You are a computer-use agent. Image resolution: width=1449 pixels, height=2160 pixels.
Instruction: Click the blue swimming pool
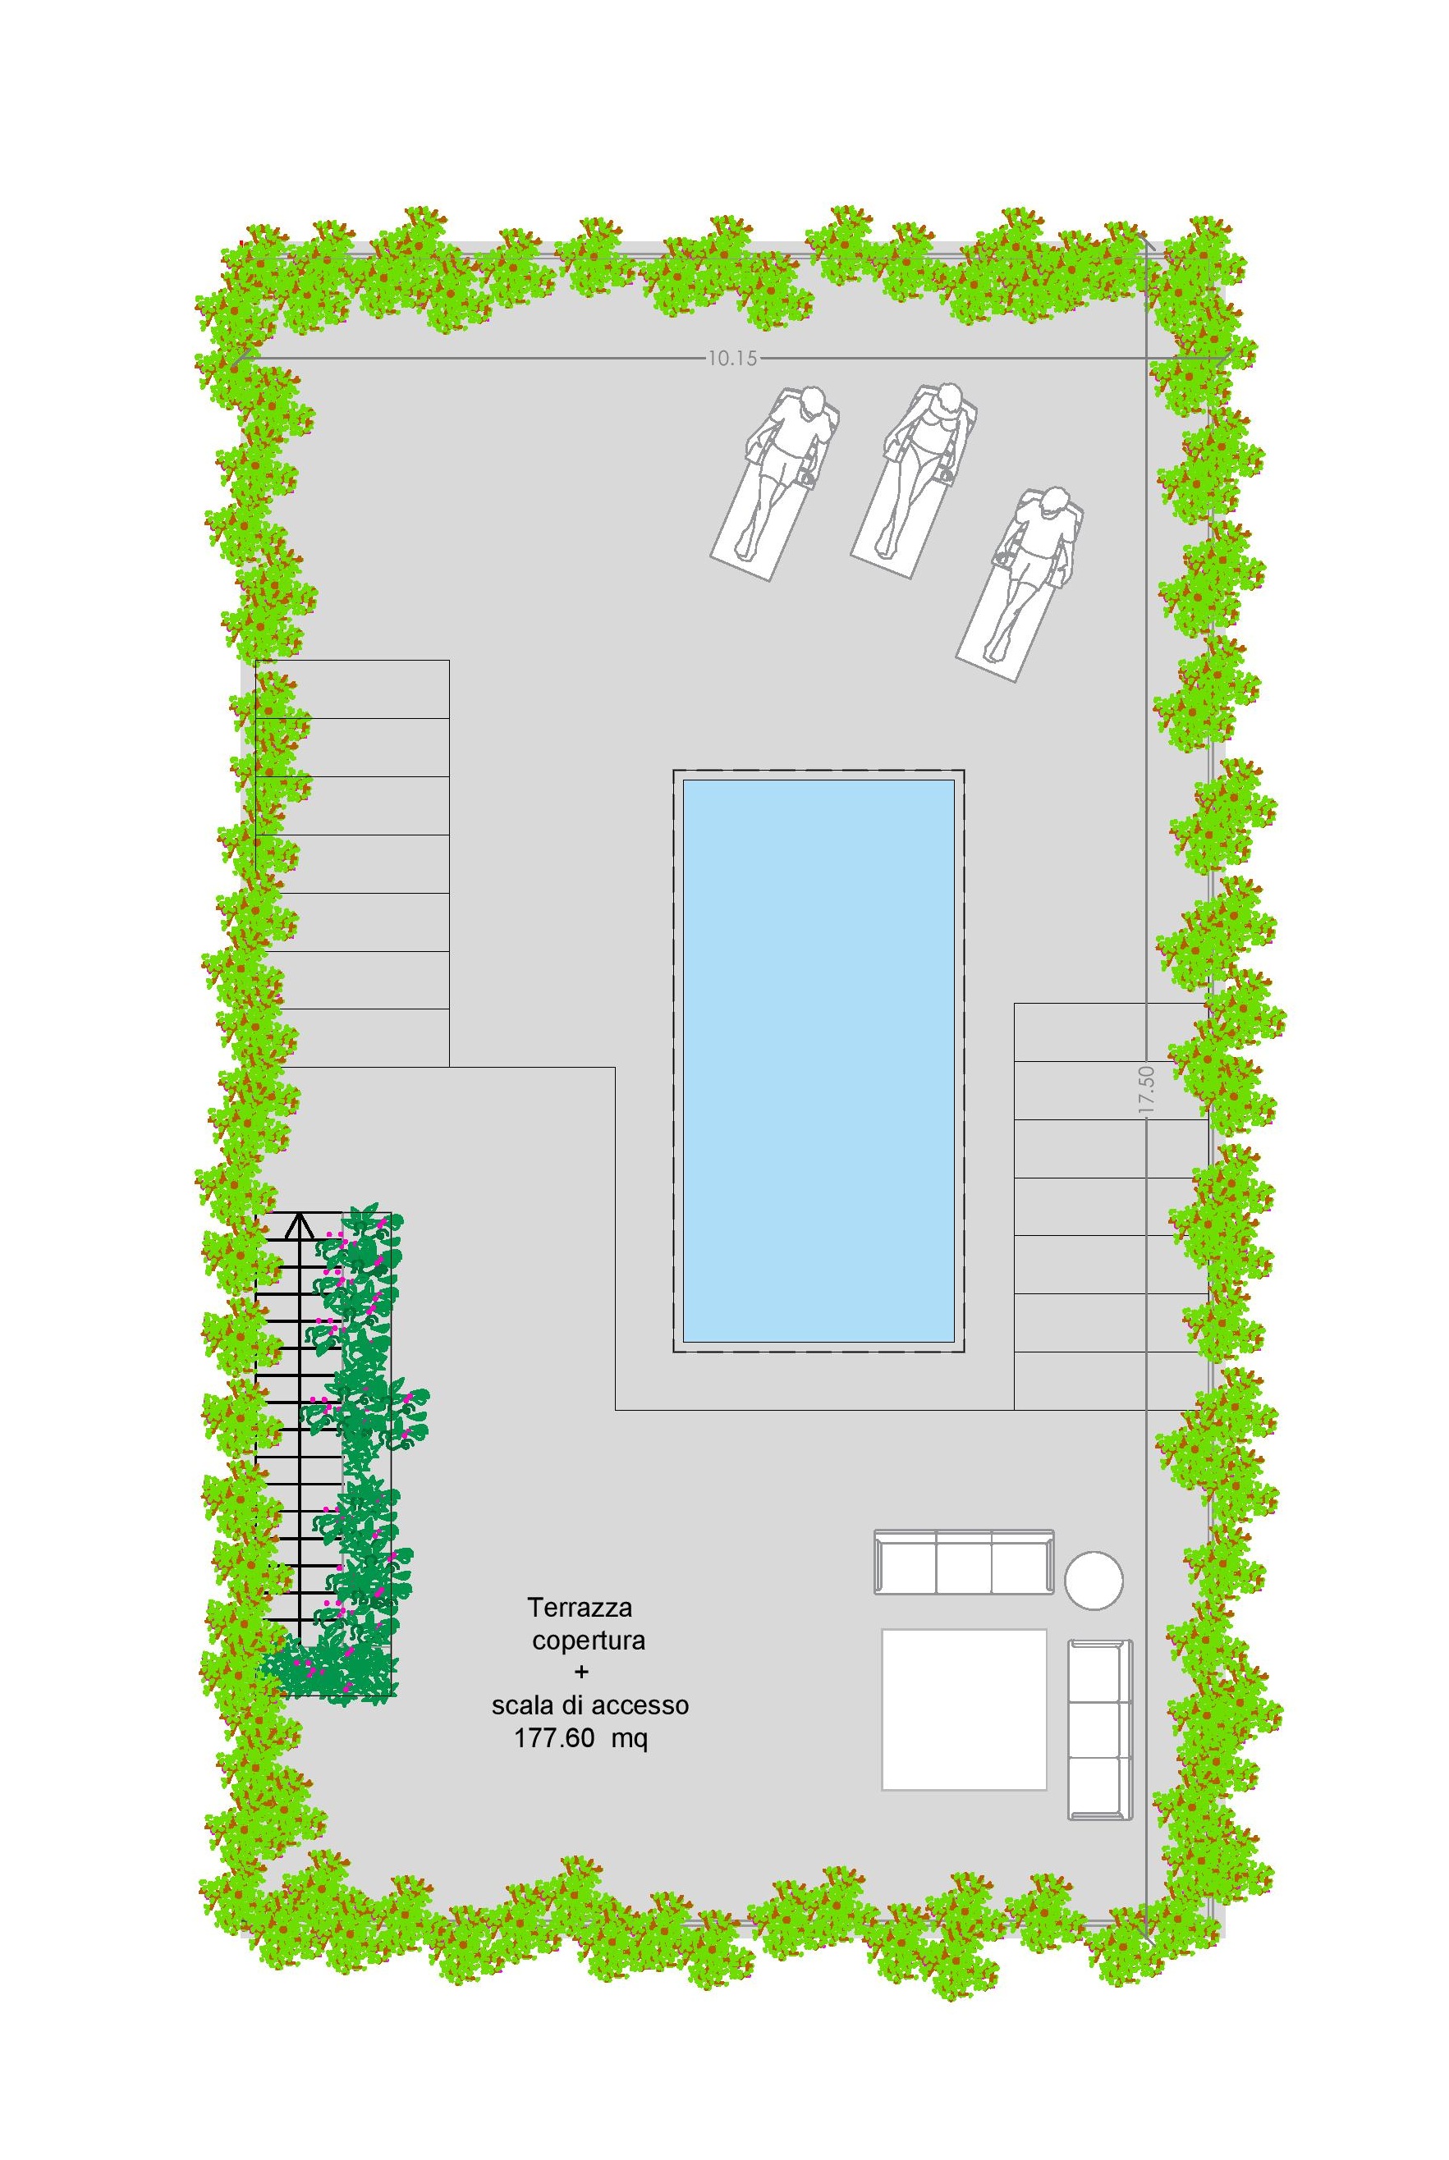click(x=818, y=1060)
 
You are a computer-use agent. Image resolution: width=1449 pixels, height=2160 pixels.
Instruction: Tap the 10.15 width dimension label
click(x=733, y=359)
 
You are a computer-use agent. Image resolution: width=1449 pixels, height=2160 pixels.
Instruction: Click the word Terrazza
click(x=580, y=1608)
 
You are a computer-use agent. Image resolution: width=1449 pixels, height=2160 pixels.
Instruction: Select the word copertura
click(x=589, y=1641)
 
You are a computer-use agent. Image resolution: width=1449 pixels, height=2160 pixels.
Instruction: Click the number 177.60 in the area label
click(x=553, y=1739)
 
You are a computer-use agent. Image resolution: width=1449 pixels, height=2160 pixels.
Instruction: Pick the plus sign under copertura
click(x=581, y=1671)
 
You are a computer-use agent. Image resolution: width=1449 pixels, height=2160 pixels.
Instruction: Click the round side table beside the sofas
click(x=1094, y=1581)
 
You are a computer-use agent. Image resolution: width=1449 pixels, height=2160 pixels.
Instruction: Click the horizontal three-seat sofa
click(x=964, y=1563)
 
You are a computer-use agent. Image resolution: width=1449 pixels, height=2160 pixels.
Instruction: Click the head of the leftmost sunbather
click(x=812, y=402)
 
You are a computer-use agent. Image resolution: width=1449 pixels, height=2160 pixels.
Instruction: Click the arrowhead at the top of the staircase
click(x=299, y=1225)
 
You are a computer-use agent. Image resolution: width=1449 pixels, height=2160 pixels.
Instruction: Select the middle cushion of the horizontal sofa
click(x=964, y=1563)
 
